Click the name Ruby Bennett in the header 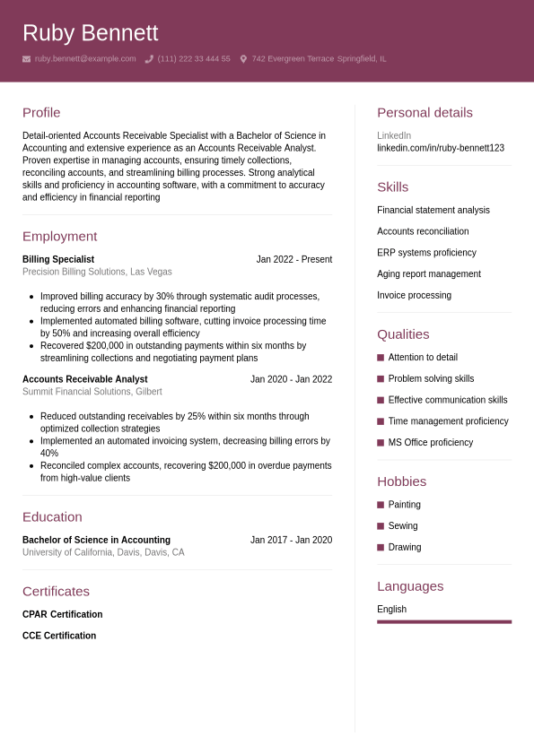90,33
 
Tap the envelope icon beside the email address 27,59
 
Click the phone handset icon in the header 149,59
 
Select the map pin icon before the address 243,59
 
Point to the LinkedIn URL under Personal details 440,148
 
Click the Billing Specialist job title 58,259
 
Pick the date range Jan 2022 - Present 293,259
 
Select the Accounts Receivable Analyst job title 84,379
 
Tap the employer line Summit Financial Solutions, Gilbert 92,392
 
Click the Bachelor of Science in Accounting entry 96,540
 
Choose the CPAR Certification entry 62,614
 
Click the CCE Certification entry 59,636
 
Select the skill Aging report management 428,273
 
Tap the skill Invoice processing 414,295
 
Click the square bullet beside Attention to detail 381,357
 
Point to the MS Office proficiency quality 430,442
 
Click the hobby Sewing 403,525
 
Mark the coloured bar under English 444,621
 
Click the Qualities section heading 403,334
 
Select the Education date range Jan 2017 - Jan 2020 291,540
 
